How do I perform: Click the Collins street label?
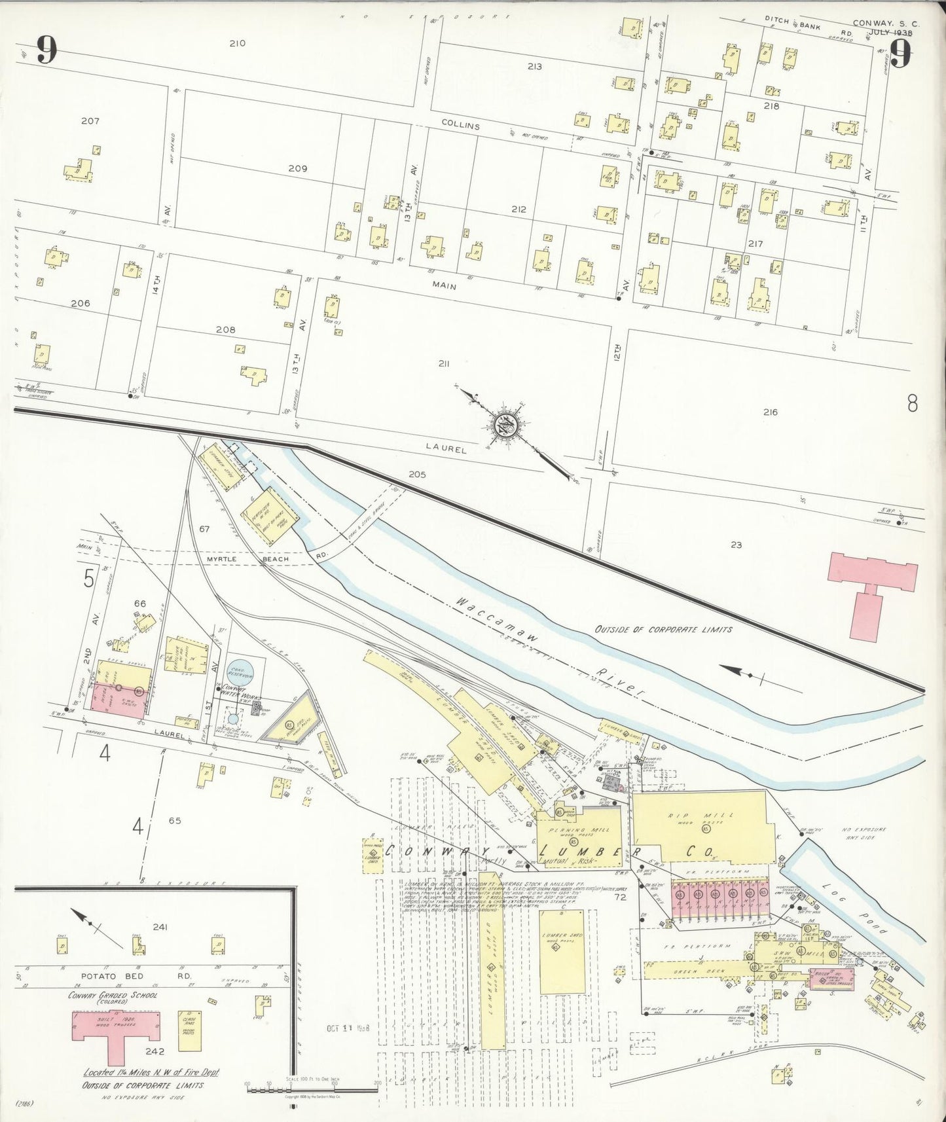pyautogui.click(x=460, y=126)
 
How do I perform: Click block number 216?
pyautogui.click(x=770, y=412)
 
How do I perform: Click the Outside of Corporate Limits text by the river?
pyautogui.click(x=663, y=629)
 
